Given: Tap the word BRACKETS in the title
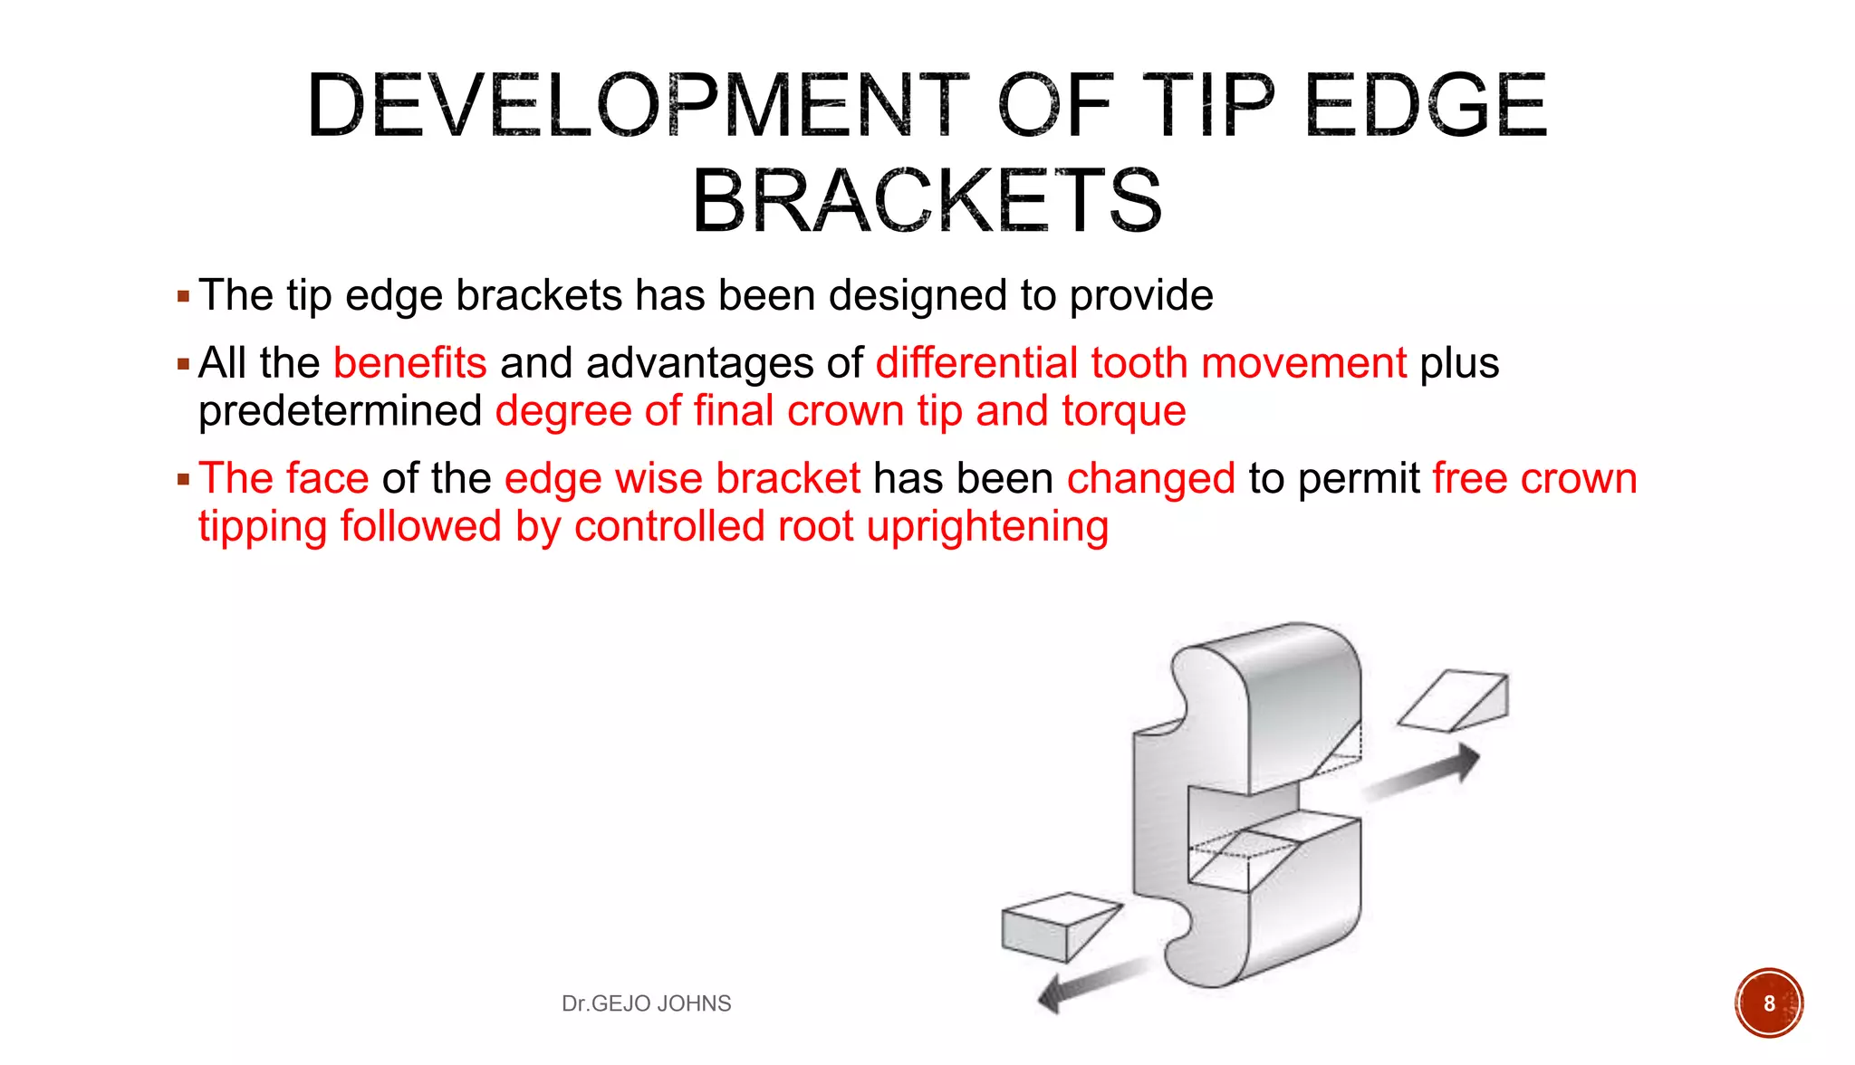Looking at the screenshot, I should coord(927,201).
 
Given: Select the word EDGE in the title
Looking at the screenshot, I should coord(1426,106).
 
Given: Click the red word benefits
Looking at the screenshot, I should coord(409,363).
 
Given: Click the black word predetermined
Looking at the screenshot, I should coord(340,411).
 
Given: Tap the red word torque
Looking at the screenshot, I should coord(1123,411).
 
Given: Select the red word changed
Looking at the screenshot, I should coord(1150,478).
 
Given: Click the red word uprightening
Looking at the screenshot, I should coord(987,527).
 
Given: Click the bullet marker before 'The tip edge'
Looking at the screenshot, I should coord(184,297).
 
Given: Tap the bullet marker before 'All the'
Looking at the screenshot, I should coord(184,365).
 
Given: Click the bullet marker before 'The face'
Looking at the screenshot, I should coord(184,480).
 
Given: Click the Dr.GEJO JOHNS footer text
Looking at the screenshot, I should coord(646,1003).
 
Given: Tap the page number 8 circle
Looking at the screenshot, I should coord(1768,1003).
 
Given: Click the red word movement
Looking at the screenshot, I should coord(1303,363).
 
